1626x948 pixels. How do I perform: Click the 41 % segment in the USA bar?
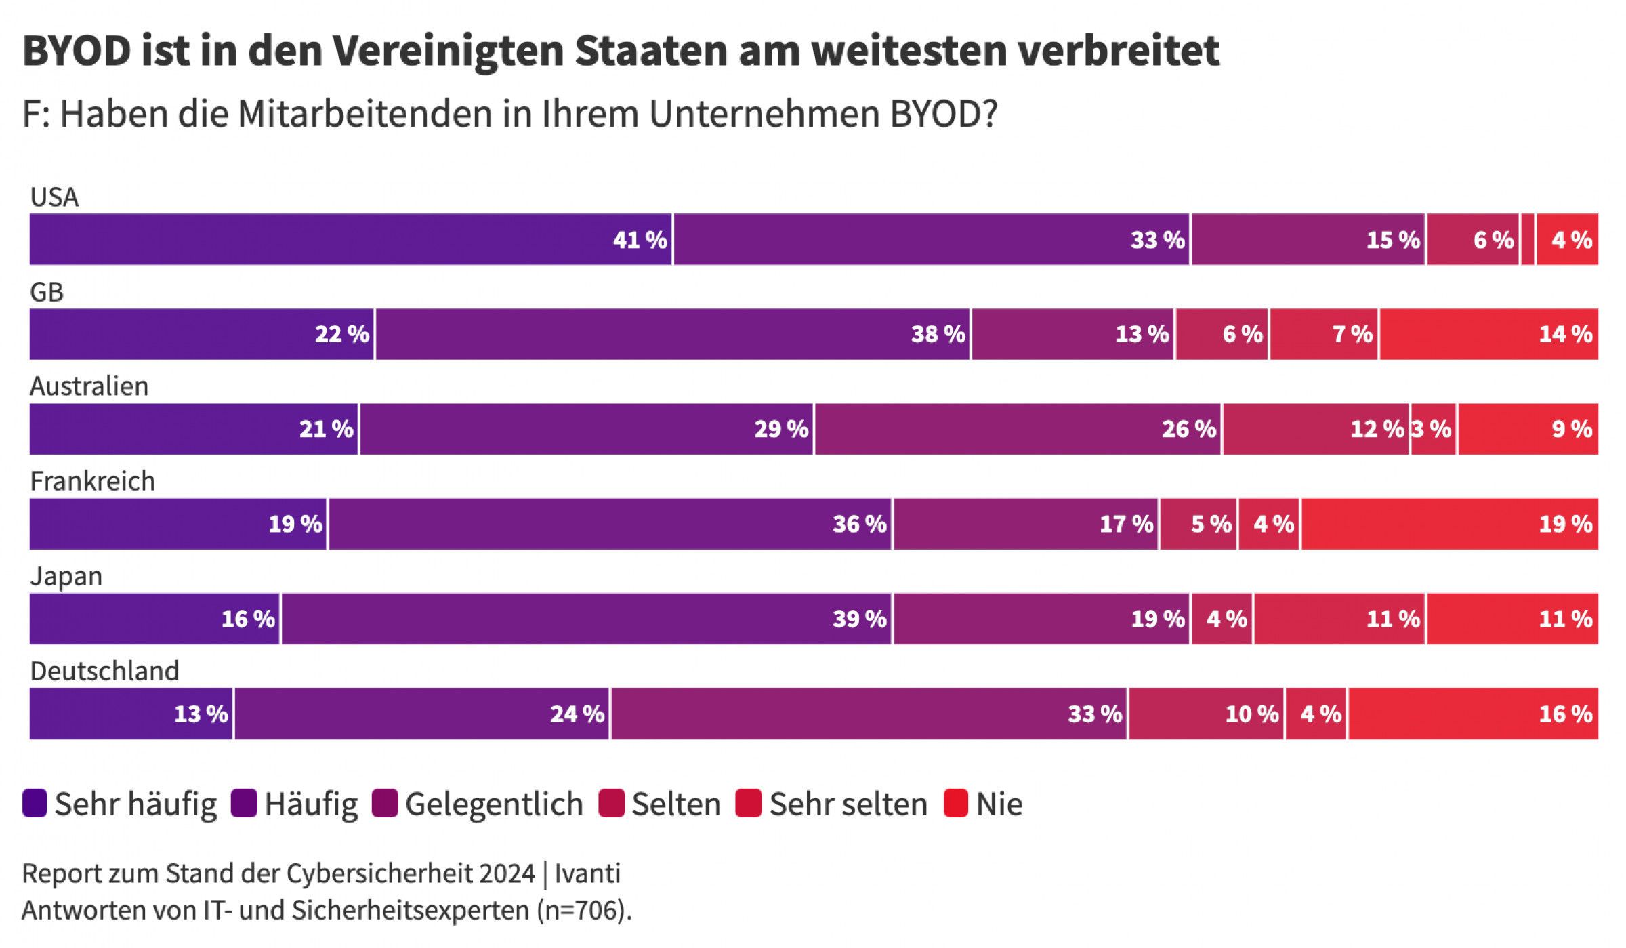tap(350, 239)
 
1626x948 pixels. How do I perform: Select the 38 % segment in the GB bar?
tap(672, 334)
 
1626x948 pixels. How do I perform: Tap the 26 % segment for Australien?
tap(1018, 429)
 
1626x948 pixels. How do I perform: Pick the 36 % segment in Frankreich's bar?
tap(610, 524)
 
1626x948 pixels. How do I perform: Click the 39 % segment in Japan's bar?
tap(587, 619)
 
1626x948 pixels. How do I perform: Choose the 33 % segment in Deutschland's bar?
tap(869, 714)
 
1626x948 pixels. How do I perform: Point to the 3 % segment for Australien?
tap(1434, 429)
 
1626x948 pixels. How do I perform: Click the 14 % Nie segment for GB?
tap(1489, 334)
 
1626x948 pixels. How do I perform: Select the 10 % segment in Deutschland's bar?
tap(1206, 714)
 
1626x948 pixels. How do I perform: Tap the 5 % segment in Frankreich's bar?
tap(1198, 524)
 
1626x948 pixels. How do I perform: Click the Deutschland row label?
tap(105, 671)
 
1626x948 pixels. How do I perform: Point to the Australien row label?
tap(89, 386)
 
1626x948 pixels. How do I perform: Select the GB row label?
tap(47, 292)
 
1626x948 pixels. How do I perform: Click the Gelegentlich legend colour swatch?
tap(385, 804)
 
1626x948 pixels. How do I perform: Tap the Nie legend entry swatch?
tap(955, 804)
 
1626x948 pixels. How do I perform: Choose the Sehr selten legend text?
tap(848, 804)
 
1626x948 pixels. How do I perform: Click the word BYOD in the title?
tap(77, 51)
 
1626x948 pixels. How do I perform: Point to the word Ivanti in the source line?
tap(587, 873)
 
